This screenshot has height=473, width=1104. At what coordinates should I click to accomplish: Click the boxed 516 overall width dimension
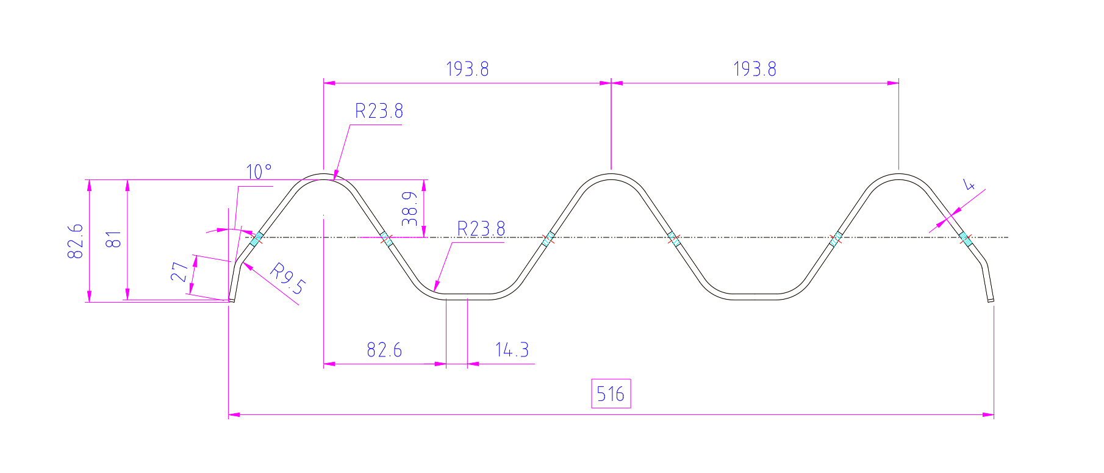coord(611,394)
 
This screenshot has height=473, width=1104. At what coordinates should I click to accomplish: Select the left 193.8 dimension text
coord(467,69)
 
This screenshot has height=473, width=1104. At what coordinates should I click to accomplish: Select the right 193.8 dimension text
coord(755,69)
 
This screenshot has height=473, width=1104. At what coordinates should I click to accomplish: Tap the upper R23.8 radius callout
coord(379,111)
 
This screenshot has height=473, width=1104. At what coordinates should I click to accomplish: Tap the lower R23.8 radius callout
coord(481,229)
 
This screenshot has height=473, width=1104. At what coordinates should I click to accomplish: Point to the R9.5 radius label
coord(287,278)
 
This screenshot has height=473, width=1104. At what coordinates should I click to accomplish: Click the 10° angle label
coord(259,172)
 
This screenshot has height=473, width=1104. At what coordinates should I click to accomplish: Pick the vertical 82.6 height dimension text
coord(76,240)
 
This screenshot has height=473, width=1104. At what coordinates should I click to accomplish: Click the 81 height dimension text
coord(114,239)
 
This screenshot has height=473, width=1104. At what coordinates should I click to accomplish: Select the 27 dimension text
coord(179,272)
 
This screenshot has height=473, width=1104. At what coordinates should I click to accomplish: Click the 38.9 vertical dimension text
coord(410,209)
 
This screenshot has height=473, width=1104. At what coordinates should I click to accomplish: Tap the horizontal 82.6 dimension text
coord(384,350)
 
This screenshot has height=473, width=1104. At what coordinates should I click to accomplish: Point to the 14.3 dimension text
coord(511,350)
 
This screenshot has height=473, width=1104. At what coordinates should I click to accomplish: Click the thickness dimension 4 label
coord(969,184)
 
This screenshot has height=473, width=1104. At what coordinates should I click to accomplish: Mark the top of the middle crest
coord(611,175)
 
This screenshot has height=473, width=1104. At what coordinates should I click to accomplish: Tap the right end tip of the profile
coord(991,300)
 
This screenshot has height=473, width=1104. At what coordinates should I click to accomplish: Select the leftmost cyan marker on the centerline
coord(257,237)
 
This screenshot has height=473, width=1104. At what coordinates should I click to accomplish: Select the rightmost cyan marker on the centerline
coord(964,237)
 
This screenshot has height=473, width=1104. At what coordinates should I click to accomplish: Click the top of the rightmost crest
coord(898,175)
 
